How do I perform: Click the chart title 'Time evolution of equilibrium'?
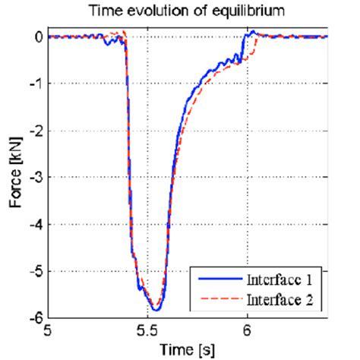(188, 11)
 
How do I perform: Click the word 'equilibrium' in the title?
(251, 11)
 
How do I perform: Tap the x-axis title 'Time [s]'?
(188, 349)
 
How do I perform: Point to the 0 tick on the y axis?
(36, 36)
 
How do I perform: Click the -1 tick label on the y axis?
(33, 84)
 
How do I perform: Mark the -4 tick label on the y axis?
(33, 224)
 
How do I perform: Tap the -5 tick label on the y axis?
(33, 271)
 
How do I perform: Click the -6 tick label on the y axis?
(33, 317)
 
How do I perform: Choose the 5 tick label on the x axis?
(48, 331)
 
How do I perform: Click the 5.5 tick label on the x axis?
(147, 331)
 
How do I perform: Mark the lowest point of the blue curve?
(155, 310)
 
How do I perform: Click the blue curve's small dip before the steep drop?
(109, 43)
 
